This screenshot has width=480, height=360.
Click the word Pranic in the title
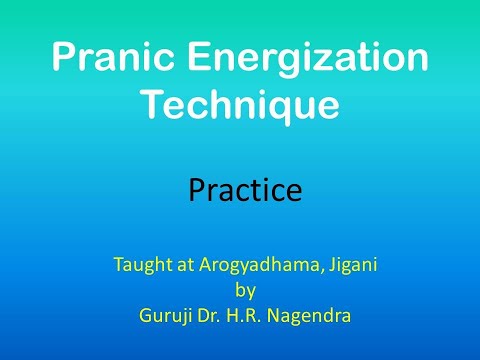pyautogui.click(x=101, y=59)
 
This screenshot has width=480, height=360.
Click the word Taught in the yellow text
pyautogui.click(x=140, y=265)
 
